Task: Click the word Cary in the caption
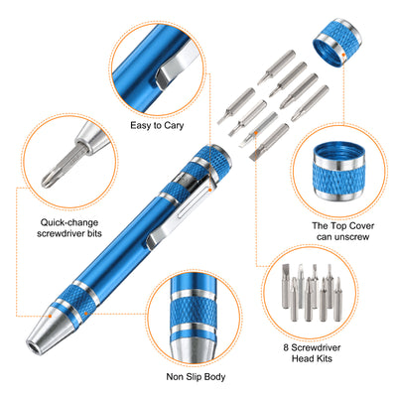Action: click(x=175, y=126)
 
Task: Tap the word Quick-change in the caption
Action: click(x=69, y=222)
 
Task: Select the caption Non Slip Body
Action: click(x=196, y=377)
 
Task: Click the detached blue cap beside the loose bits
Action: click(x=336, y=43)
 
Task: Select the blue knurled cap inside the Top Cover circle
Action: click(x=339, y=172)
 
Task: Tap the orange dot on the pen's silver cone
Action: click(x=50, y=316)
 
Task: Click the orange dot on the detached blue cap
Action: click(x=343, y=55)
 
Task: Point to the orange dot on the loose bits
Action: click(x=256, y=133)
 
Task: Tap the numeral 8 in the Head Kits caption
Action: click(x=286, y=347)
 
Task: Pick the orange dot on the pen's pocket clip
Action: click(x=209, y=190)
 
